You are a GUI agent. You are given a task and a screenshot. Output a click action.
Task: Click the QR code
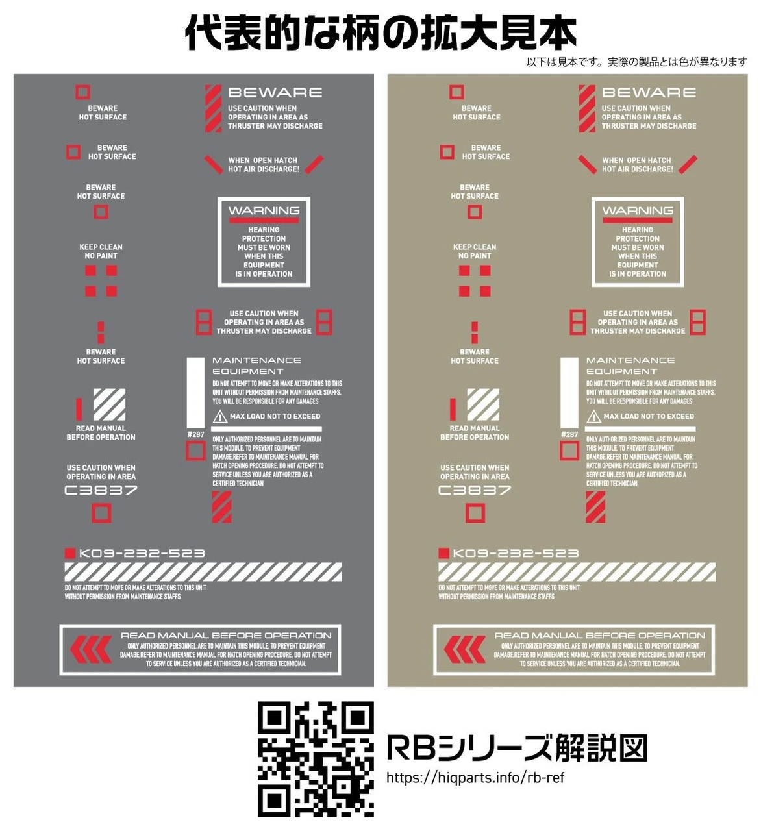316,760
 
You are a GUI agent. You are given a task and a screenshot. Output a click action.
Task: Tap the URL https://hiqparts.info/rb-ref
475,778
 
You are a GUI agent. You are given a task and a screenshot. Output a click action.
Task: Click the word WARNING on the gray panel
264,210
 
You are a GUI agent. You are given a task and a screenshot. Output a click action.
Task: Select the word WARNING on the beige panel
638,210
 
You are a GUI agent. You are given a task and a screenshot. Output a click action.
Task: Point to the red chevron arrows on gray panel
91,649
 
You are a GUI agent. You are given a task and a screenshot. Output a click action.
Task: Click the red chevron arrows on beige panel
465,649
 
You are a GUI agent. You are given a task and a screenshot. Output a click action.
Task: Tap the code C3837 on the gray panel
101,490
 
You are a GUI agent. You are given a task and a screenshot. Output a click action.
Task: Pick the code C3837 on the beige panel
475,490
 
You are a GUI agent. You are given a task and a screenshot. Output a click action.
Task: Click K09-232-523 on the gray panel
142,553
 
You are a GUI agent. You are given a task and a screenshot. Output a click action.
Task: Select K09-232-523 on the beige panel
516,553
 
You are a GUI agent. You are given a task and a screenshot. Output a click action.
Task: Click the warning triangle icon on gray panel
220,416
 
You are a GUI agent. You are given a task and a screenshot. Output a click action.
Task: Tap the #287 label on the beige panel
569,434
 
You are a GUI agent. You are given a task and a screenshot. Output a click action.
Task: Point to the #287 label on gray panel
195,434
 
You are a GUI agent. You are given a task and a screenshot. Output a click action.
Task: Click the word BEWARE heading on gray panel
275,92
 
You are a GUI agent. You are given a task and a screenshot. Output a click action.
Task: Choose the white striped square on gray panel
110,404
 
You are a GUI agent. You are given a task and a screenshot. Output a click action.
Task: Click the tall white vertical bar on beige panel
569,393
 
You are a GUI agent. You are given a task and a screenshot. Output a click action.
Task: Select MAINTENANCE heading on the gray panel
256,360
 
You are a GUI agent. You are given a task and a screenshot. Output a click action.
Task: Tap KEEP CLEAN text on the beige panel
475,247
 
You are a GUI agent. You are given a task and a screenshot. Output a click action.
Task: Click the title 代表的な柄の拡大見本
380,33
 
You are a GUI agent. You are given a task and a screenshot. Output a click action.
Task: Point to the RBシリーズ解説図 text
517,748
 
